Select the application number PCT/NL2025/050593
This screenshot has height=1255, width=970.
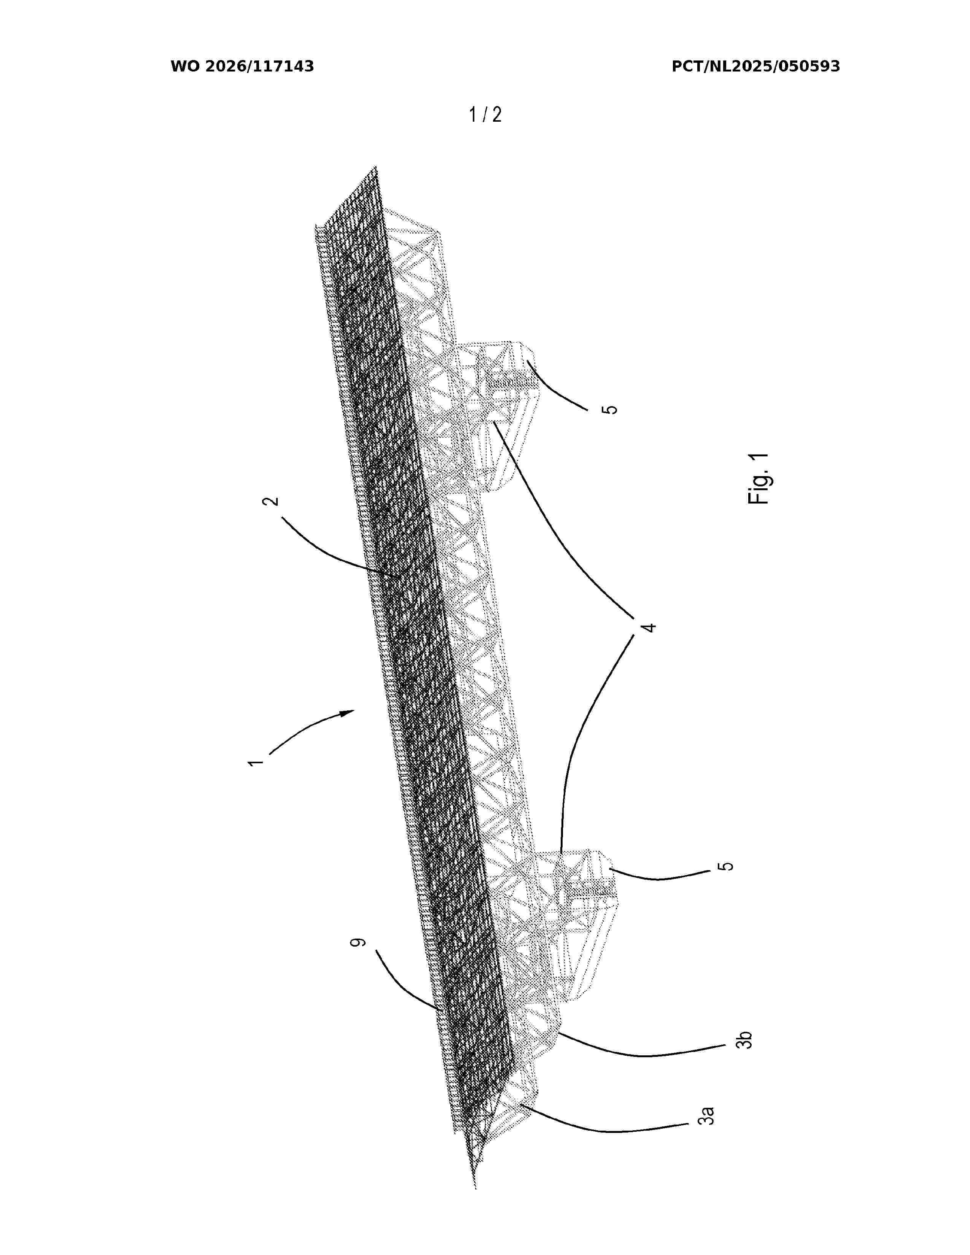click(756, 67)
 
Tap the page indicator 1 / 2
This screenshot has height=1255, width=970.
click(486, 115)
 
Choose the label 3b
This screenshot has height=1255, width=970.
click(744, 1040)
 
